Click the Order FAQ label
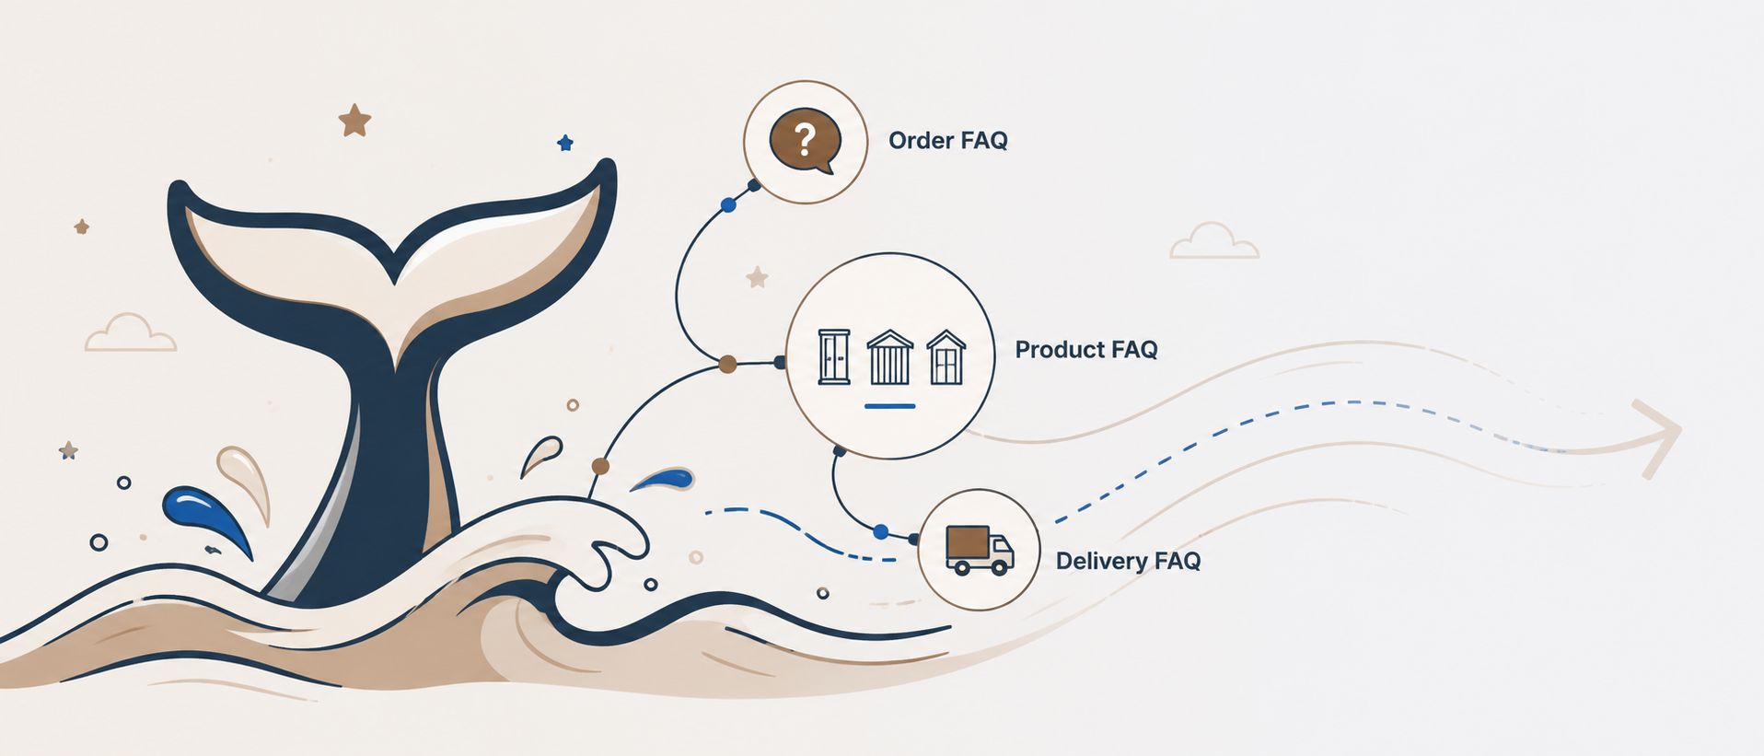coord(947,141)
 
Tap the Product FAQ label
coord(1086,350)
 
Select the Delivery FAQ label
coord(1128,561)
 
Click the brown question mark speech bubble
coord(806,142)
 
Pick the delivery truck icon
coord(980,551)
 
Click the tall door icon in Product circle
coord(834,356)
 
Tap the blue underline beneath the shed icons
coord(889,405)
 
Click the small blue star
coord(565,143)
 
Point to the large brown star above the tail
coord(354,120)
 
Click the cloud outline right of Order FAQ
coord(1213,241)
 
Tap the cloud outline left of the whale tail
coord(130,332)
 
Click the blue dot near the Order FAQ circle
coord(728,205)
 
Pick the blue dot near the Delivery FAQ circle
coord(881,531)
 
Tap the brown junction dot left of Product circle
coord(727,365)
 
